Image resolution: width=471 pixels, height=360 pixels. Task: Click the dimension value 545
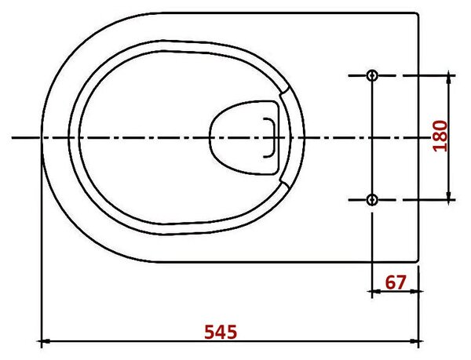[221, 332]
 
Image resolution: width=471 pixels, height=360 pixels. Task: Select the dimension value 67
[396, 282]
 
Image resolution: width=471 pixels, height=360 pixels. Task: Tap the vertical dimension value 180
[440, 136]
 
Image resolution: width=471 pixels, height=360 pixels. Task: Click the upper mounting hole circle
[372, 75]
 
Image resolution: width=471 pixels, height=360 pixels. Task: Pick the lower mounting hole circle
[372, 199]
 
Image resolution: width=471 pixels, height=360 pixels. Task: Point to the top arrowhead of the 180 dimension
[449, 78]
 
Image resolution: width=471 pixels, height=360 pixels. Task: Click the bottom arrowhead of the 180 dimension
[449, 198]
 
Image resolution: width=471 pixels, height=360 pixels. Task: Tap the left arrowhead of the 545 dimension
[45, 341]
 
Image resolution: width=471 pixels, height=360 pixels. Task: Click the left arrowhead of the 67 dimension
[375, 291]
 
